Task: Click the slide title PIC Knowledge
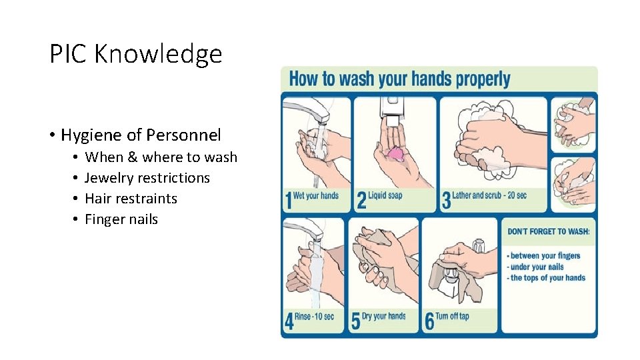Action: point(135,54)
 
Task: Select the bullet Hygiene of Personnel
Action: point(141,135)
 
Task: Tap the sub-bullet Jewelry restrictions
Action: point(147,178)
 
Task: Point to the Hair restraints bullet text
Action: point(131,199)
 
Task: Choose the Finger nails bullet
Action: point(121,219)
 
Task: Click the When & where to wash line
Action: point(161,157)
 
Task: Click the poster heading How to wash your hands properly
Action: point(399,79)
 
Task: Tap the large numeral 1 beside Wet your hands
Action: point(289,200)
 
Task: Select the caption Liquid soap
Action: point(385,195)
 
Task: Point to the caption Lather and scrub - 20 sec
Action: point(489,195)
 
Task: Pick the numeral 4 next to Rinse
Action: point(289,321)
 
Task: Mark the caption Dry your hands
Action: point(384,316)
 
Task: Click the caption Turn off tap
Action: point(452,316)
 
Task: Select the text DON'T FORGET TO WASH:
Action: point(548,231)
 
